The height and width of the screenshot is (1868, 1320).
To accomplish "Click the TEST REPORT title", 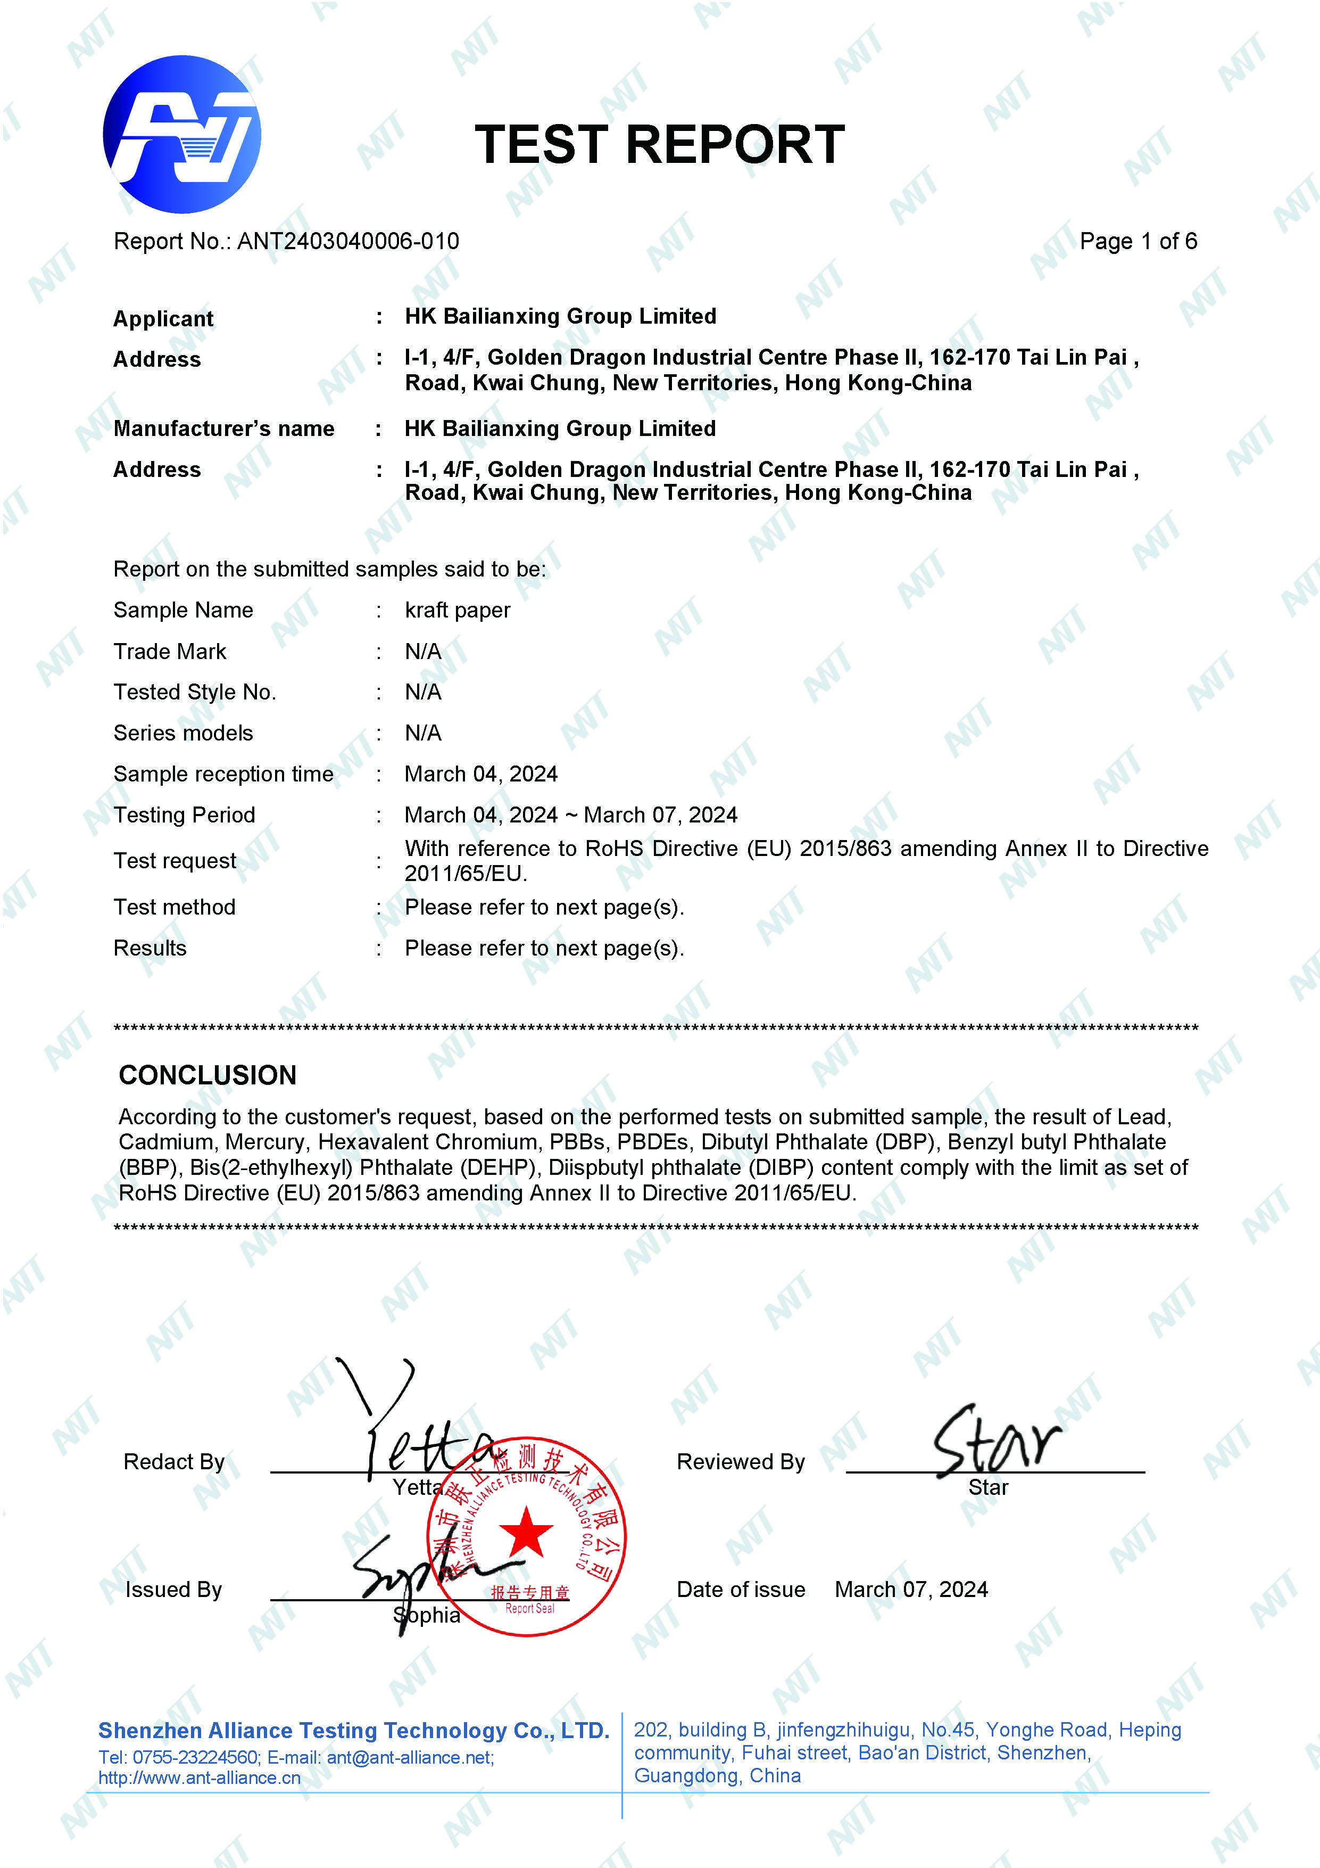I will pos(660,145).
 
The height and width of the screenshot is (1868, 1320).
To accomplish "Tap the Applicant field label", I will pos(163,318).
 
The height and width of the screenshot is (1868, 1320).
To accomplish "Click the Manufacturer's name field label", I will pos(223,429).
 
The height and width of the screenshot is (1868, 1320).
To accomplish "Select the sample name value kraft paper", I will pos(457,610).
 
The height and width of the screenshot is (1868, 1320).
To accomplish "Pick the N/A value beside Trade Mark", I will pos(423,651).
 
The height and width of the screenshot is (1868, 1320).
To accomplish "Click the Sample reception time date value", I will pos(480,773).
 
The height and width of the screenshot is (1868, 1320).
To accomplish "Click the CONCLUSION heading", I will pos(207,1075).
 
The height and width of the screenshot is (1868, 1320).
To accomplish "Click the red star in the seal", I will pos(526,1532).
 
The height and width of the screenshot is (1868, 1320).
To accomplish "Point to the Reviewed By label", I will pos(740,1462).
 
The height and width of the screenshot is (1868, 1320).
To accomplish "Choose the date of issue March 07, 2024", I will pos(911,1589).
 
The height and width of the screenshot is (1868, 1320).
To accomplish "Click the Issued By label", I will pos(173,1589).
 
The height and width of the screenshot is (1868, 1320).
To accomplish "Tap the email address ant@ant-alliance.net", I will pos(410,1757).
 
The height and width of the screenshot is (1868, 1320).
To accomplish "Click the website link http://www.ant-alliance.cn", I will pos(200,1778).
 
